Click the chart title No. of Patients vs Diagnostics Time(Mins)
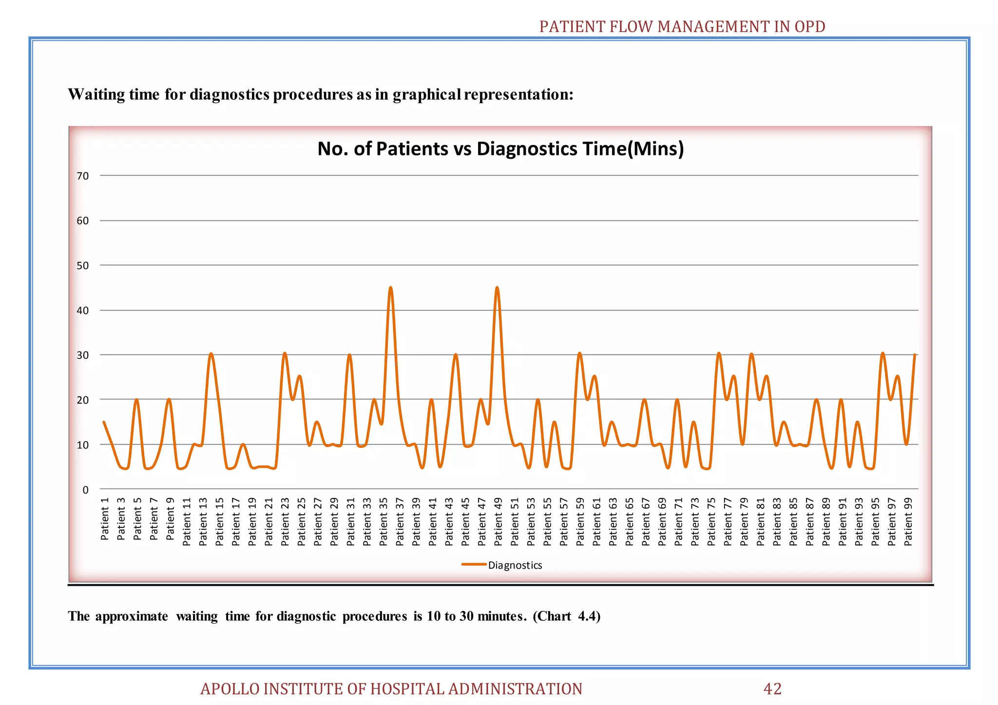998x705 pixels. tap(500, 149)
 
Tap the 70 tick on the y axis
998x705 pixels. tap(83, 176)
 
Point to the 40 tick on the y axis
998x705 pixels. tap(83, 311)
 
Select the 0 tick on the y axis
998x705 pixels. tap(86, 490)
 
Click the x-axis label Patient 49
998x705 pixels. tap(498, 521)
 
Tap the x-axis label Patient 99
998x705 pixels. tap(908, 521)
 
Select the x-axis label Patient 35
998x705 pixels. tap(384, 521)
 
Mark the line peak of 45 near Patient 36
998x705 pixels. tap(390, 288)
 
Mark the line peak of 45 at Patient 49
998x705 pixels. tap(497, 288)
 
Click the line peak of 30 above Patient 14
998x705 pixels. tap(211, 354)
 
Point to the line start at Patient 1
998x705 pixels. tap(104, 422)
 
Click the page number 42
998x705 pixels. tap(772, 689)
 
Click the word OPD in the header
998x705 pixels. tap(810, 26)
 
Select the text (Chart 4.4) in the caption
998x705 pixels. tap(566, 616)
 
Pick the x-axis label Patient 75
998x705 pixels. tap(711, 521)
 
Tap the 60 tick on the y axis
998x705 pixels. tap(83, 221)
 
